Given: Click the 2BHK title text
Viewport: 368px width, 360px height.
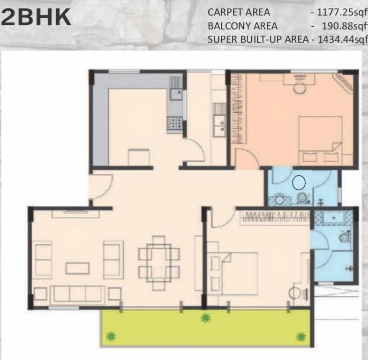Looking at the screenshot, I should pos(36,18).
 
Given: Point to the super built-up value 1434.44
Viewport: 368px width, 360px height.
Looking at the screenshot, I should pos(342,39).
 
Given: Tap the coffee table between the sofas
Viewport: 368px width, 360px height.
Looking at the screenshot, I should pos(77,268).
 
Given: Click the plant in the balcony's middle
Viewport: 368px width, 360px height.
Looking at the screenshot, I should pos(205,318).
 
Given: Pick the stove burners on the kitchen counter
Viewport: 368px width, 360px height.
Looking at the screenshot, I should pos(175,123).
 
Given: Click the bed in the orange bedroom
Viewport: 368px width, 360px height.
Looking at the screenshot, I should pos(320,139).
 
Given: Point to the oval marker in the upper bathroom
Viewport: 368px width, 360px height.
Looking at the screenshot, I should pos(298,182).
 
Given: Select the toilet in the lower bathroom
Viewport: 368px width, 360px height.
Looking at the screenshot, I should pos(345,236).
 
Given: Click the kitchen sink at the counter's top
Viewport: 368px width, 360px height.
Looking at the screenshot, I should pos(176,94).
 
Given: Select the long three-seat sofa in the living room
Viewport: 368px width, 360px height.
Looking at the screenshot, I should pos(77,294).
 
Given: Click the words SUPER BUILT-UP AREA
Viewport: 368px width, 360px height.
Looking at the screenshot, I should pos(258,39).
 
